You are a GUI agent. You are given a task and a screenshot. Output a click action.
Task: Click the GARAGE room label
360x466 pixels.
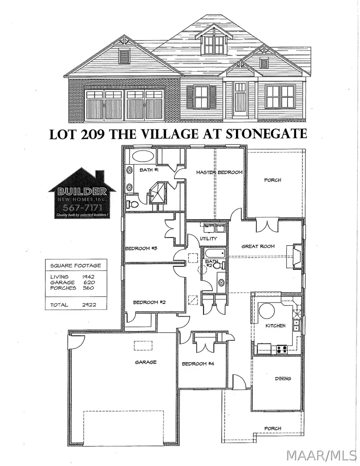(146, 362)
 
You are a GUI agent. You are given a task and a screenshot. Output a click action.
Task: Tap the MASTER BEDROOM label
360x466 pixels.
(219, 173)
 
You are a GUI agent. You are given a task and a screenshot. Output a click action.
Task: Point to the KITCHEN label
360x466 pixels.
(276, 325)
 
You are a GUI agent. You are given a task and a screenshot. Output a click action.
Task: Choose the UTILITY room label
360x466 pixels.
(208, 239)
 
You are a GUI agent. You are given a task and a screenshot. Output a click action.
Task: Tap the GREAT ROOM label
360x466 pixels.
(258, 246)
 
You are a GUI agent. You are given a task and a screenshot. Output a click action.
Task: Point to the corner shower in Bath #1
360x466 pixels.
(159, 192)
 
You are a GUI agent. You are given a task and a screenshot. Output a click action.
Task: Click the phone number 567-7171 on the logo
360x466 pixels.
(82, 207)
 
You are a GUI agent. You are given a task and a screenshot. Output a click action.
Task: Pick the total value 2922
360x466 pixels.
(88, 305)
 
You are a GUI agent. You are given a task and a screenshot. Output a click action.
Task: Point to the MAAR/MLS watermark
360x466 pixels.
(322, 455)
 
